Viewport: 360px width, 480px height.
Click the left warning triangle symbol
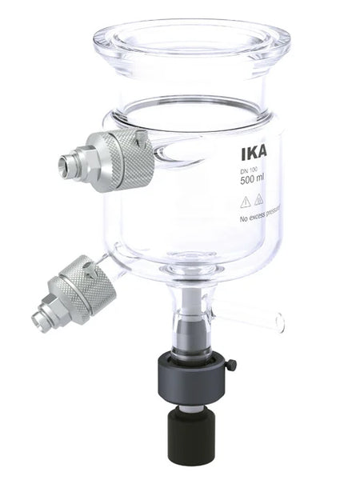(246, 201)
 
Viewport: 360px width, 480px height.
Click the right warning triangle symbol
(259, 201)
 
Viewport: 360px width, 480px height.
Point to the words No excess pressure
(263, 218)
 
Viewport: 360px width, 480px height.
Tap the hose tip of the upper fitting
(64, 166)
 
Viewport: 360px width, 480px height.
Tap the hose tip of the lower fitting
(38, 321)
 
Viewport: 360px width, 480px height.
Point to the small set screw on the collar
(231, 366)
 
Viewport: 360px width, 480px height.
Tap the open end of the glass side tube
(280, 322)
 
